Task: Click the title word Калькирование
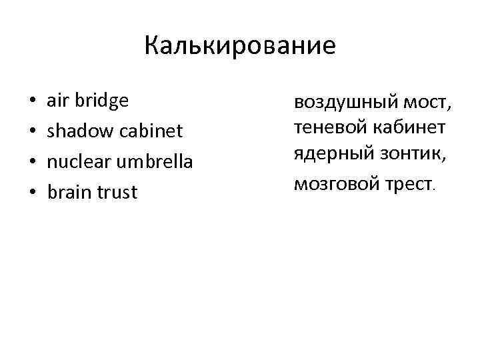pyautogui.click(x=240, y=46)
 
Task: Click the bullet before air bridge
pyautogui.click(x=31, y=101)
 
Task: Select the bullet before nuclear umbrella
pyautogui.click(x=31, y=163)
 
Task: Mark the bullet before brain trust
pyautogui.click(x=31, y=193)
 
